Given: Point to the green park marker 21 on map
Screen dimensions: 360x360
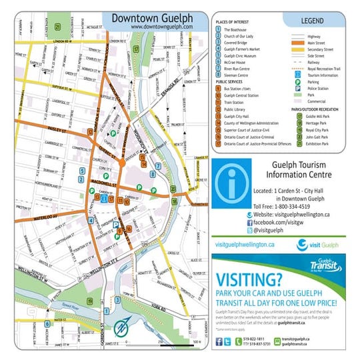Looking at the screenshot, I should click(x=59, y=27).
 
